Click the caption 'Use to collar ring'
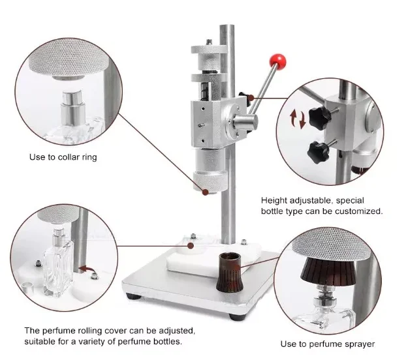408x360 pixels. [63, 157]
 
